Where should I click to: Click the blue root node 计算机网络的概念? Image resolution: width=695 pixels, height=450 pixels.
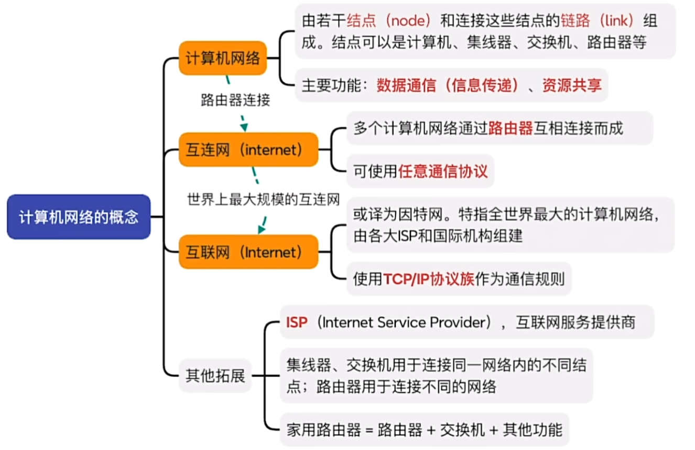pos(79,217)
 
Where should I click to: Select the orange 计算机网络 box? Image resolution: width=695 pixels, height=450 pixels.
pos(223,58)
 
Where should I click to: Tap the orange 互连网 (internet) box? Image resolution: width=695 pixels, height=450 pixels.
pos(248,150)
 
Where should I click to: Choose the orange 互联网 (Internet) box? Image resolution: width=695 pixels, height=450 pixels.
pos(248,252)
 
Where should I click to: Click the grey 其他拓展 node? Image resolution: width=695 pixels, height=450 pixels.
pos(215,376)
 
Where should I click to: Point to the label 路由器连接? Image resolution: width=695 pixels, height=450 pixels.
pos(235,100)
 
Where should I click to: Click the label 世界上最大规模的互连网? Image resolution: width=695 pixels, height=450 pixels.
pos(264,200)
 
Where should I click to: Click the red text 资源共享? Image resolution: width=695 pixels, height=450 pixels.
pos(571,85)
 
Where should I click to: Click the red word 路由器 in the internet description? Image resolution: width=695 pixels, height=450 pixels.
pos(511,128)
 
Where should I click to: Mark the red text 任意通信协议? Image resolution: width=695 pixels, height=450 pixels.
pos(443,171)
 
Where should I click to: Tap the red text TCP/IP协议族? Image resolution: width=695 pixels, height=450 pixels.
pos(428,279)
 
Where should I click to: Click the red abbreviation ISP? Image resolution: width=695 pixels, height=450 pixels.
pos(297,322)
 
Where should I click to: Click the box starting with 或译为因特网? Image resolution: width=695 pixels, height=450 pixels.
pos(510,225)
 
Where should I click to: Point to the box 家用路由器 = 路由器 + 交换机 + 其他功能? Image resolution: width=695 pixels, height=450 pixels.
pos(424,430)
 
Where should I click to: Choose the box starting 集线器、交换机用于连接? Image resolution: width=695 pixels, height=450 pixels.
pos(436,376)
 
